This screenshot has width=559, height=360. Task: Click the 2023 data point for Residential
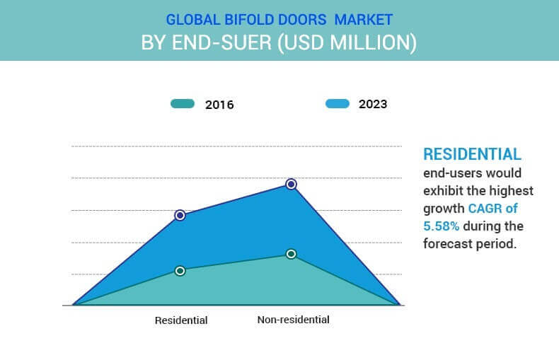pos(180,215)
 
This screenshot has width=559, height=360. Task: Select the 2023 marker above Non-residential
pos(292,185)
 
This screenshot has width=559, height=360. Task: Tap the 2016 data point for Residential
pos(180,271)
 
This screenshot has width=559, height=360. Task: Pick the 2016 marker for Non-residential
pos(292,254)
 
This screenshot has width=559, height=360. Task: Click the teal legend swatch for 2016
pos(183,104)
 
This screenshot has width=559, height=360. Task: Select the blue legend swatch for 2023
pos(338,104)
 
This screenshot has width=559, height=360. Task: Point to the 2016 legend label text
pos(219,105)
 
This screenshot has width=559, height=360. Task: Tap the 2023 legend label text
pos(373,104)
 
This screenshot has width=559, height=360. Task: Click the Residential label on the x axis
pos(181,320)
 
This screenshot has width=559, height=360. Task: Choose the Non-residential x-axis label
pos(294,320)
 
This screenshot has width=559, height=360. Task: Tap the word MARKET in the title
pos(364,20)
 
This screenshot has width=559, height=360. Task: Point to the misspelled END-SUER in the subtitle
pos(221,42)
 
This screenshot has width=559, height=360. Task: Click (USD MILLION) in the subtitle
pos(347,42)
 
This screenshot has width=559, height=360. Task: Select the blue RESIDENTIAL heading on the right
pos(472,154)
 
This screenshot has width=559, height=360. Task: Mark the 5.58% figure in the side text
pos(441,226)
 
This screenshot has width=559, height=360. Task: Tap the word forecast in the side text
pos(447,244)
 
